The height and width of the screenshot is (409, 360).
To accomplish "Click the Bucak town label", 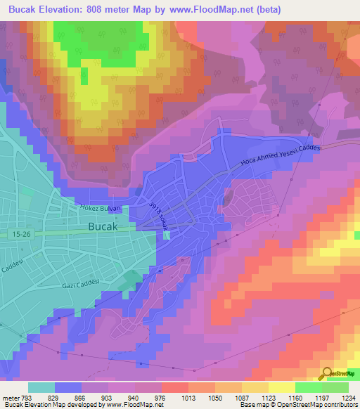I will click(108, 226).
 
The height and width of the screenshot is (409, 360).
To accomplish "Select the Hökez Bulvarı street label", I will click(101, 208).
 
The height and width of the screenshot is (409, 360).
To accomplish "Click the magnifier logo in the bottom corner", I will click(327, 375).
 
